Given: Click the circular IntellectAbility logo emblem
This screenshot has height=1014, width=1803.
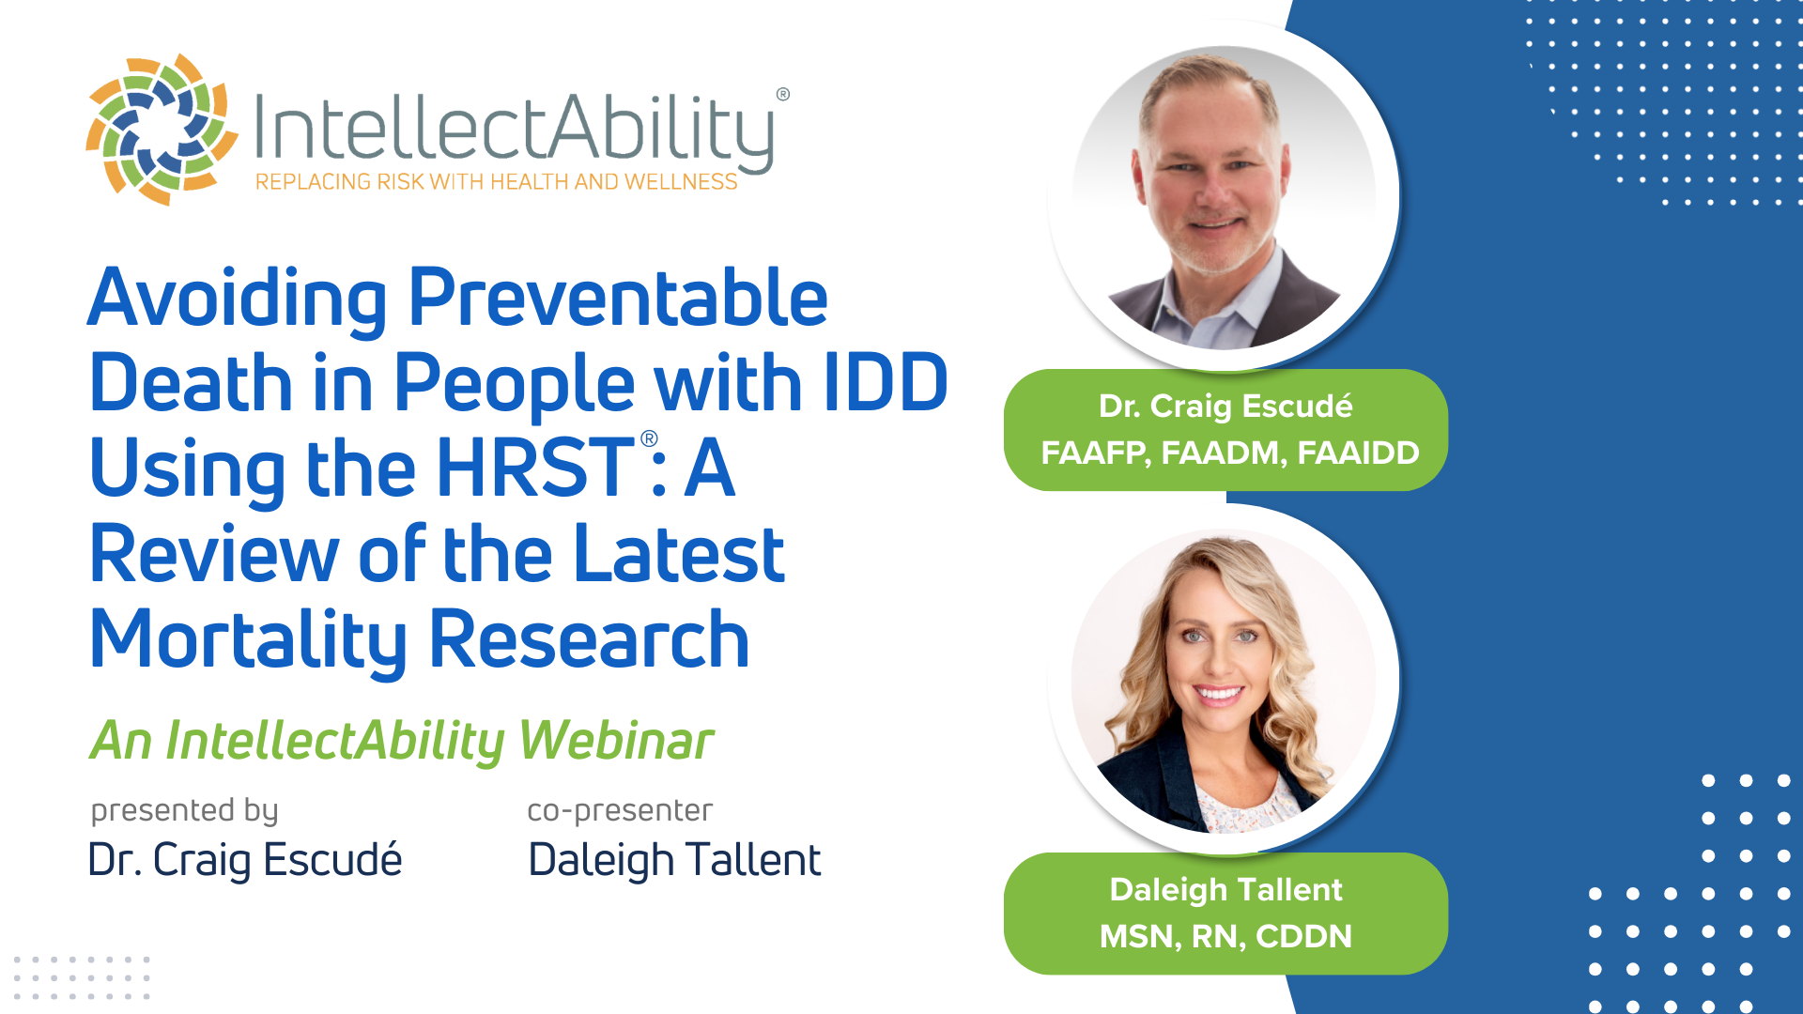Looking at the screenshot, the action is [162, 130].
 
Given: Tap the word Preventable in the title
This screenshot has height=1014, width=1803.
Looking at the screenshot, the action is [618, 298].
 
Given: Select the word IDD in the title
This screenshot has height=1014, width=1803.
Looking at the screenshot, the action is [886, 382].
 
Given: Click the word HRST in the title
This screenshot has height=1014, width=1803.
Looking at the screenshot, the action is [535, 468].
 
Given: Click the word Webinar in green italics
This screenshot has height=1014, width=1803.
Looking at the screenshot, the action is [616, 741].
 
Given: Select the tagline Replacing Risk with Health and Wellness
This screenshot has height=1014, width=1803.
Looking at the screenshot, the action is [496, 182].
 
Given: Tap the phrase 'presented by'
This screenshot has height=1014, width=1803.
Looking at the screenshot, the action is [184, 811].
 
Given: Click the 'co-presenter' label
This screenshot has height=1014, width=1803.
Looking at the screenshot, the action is [620, 811].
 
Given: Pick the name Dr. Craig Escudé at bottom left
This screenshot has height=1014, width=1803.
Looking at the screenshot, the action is [245, 860].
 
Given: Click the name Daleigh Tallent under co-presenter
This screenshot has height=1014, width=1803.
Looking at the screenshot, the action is [674, 860].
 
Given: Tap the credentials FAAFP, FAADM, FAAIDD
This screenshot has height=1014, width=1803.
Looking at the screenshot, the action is [1230, 453].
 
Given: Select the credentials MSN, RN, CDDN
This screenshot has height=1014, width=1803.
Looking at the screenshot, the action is [1225, 937].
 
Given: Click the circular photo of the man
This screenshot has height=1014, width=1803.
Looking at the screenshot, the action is [1223, 197].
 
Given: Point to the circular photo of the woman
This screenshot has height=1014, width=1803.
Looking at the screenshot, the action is [1223, 681].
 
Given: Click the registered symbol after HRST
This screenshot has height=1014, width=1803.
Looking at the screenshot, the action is [649, 438].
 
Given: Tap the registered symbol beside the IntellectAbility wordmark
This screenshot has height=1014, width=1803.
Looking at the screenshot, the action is [783, 94].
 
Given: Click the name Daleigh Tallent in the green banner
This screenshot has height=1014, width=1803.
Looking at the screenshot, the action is [1225, 890].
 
